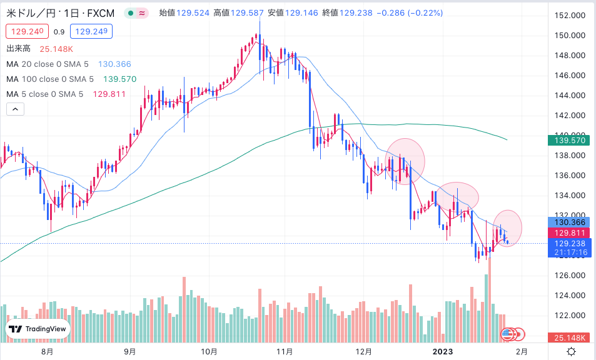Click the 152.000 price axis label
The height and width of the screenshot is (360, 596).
click(570, 16)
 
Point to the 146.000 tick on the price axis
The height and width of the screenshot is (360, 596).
click(570, 76)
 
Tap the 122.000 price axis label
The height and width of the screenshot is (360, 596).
click(570, 316)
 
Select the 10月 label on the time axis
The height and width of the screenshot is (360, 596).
click(209, 352)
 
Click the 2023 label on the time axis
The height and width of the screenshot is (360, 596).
click(443, 352)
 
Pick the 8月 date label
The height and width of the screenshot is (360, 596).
click(47, 352)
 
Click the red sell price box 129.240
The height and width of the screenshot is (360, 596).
click(27, 31)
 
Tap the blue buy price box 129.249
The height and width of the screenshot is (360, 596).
click(91, 31)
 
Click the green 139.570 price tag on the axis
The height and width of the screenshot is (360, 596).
click(569, 141)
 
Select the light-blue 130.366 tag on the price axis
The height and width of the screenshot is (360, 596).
click(569, 222)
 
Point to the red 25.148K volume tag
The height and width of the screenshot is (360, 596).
click(569, 337)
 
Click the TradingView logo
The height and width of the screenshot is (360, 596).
click(38, 329)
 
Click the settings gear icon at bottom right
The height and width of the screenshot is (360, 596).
click(571, 352)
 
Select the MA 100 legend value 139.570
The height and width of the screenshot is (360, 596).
click(119, 79)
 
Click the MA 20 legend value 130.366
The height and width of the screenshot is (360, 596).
click(114, 64)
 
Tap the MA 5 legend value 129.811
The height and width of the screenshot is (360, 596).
click(109, 94)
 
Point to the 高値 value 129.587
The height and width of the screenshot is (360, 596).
click(247, 13)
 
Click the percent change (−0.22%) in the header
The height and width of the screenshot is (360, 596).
click(425, 13)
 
